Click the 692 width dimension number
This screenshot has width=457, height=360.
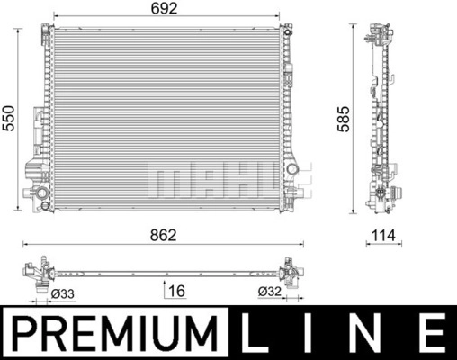coord(165,8)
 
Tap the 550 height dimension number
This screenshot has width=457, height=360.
coord(9,118)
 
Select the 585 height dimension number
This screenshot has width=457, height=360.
coord(344,119)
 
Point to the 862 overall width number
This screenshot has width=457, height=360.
coord(164,236)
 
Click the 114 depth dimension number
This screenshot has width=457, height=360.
coord(383,236)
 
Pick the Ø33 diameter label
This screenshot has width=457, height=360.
coord(62,293)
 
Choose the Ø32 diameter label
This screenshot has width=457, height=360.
coord(270,292)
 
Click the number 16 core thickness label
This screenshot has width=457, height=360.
coord(177,291)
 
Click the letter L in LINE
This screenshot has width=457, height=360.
coord(255,333)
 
